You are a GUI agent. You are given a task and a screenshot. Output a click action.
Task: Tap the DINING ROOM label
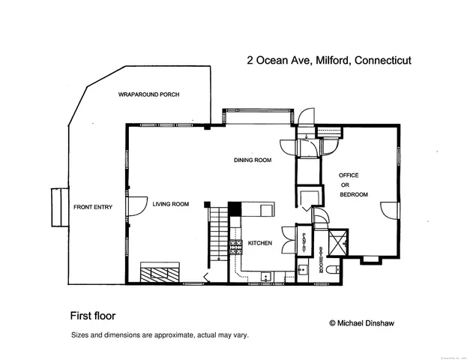pyautogui.click(x=252, y=160)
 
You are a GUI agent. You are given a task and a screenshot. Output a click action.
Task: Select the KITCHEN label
pyautogui.click(x=259, y=244)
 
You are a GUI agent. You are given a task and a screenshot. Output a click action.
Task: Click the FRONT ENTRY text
pyautogui.click(x=92, y=207)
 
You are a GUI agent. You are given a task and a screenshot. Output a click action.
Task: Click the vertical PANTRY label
pyautogui.click(x=304, y=241)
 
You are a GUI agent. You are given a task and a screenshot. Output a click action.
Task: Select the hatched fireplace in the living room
pyautogui.click(x=160, y=271)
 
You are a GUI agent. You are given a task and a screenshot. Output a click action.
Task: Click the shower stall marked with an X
pyautogui.click(x=340, y=240)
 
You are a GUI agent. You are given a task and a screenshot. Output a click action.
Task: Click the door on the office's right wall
pyautogui.click(x=388, y=211)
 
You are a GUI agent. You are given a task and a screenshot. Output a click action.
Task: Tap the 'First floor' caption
pyautogui.click(x=93, y=316)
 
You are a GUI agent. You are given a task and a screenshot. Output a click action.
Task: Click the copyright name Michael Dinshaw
pyautogui.click(x=361, y=322)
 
